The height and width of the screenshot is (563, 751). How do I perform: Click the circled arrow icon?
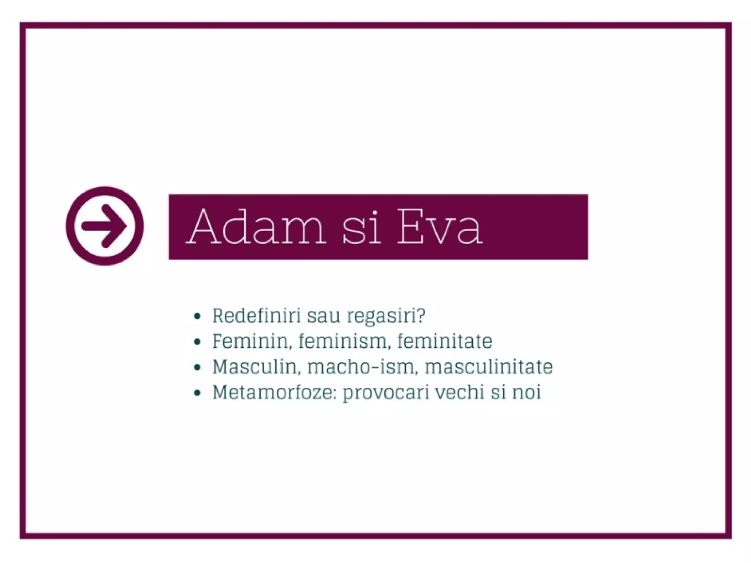click(105, 226)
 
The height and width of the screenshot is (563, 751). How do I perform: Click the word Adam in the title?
click(256, 226)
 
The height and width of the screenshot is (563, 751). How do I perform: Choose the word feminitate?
click(444, 341)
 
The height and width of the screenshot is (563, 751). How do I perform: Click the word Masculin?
click(256, 367)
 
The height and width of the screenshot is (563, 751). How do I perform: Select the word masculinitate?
click(488, 367)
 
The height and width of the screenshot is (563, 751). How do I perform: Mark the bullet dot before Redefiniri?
click(198, 316)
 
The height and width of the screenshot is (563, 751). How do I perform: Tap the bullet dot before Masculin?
click(198, 367)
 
